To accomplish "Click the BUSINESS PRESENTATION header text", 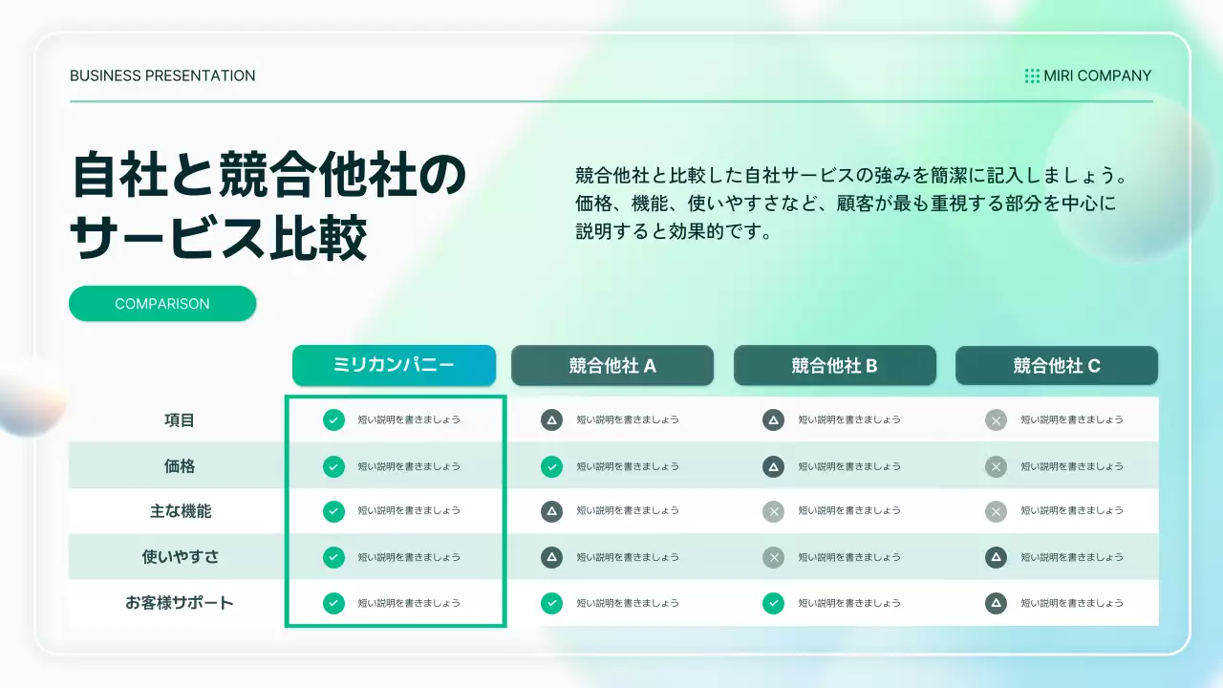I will click(162, 75).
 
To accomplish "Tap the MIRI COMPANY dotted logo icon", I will click(1032, 75).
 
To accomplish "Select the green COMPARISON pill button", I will click(162, 304).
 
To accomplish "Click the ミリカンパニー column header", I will click(394, 365).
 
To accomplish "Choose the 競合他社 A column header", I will click(612, 365).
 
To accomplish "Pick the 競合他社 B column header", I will click(834, 365).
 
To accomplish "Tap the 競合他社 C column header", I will click(1057, 365).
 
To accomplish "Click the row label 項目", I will click(180, 419).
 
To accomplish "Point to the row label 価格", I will click(180, 466).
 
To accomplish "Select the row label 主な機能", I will click(180, 511).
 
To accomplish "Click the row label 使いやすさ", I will click(180, 556).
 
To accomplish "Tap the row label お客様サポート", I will click(180, 603).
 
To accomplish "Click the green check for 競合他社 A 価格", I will click(551, 466).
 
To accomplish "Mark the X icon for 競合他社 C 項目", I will click(996, 419).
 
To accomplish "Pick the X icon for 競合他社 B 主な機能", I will click(774, 511).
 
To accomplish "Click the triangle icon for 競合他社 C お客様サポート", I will click(996, 603).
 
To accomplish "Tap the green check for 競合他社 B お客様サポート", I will click(774, 603).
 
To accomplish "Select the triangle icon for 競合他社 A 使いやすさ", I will click(551, 556).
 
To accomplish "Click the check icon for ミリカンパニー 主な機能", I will click(333, 511).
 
